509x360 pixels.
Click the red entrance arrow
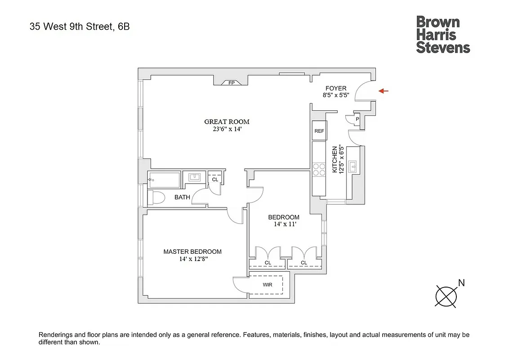384,91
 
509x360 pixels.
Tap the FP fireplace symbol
232,83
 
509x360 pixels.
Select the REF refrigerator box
319,131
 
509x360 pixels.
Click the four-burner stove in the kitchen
319,169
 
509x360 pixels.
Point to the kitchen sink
354,166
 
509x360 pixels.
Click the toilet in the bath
158,198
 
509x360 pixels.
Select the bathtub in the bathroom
165,180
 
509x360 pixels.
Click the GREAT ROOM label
227,121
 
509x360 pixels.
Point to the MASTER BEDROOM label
192,252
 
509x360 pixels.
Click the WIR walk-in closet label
268,285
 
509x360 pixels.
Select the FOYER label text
335,89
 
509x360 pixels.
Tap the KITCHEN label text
335,159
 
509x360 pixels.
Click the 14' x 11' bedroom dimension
284,224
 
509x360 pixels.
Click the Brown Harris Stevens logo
443,35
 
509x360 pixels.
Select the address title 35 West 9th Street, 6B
80,27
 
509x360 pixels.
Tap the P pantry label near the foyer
357,119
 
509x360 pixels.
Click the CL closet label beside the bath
215,180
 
